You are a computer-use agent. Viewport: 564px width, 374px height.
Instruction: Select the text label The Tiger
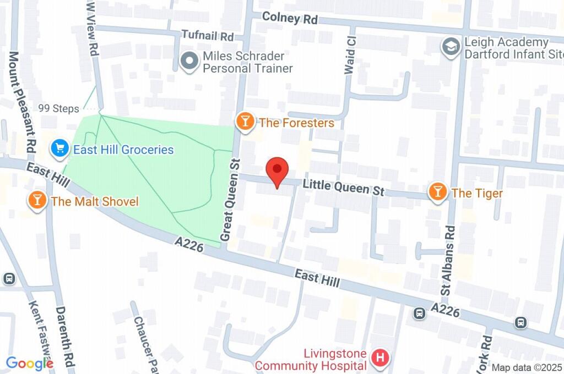[477, 193]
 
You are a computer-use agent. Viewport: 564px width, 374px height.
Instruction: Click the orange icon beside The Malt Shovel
[37, 201]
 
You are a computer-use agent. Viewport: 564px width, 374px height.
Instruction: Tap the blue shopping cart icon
[58, 148]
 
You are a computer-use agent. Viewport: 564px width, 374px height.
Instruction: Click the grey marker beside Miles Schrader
[189, 62]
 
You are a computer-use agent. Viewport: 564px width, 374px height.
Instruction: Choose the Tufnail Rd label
[208, 37]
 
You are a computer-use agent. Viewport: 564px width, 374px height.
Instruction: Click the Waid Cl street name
[349, 52]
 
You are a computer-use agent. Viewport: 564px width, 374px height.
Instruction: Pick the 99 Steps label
[59, 108]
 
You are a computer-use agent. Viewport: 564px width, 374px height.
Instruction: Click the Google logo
[29, 362]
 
